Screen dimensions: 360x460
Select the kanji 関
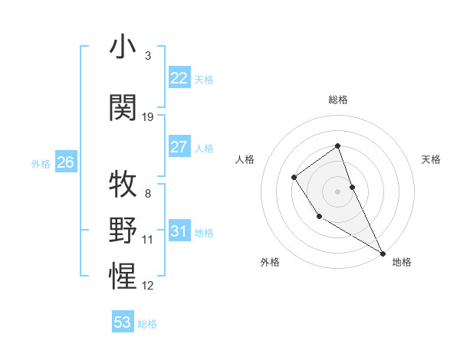pyautogui.click(x=123, y=108)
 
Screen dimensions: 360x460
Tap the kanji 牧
pyautogui.click(x=123, y=185)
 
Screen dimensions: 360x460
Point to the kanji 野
pyautogui.click(x=123, y=230)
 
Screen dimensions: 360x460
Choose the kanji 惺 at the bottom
pyautogui.click(x=123, y=275)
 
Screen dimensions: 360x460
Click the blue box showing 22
pyautogui.click(x=179, y=78)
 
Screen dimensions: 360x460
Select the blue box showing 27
pyautogui.click(x=179, y=147)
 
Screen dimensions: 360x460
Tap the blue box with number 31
pyautogui.click(x=179, y=231)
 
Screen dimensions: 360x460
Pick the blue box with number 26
pyautogui.click(x=65, y=162)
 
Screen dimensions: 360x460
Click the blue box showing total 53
pyautogui.click(x=123, y=322)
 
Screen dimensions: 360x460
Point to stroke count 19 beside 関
pyautogui.click(x=148, y=117)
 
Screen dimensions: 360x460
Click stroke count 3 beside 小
pyautogui.click(x=148, y=56)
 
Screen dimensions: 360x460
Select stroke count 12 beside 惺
pyautogui.click(x=148, y=285)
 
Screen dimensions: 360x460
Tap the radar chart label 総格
pyautogui.click(x=338, y=100)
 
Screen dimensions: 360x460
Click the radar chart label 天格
pyautogui.click(x=431, y=159)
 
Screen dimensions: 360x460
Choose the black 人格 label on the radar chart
pyautogui.click(x=245, y=159)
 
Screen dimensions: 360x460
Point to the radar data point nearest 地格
pyautogui.click(x=383, y=253)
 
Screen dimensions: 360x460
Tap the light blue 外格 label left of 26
pyautogui.click(x=41, y=163)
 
